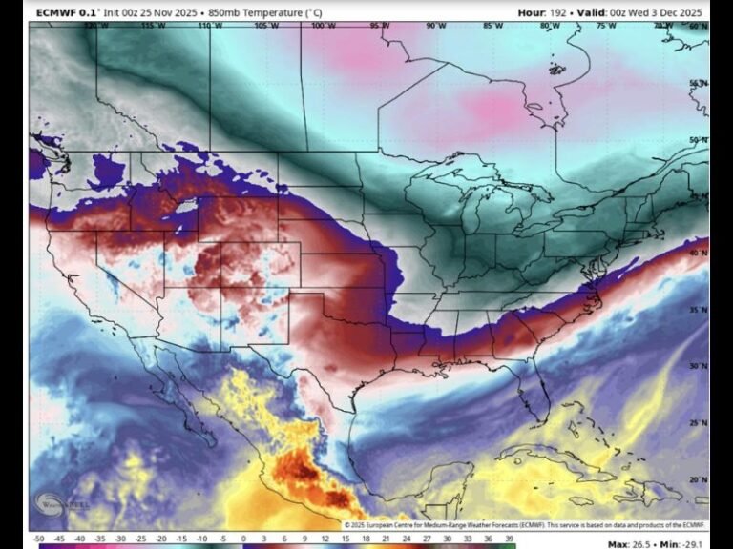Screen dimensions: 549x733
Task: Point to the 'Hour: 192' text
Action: click(x=546, y=12)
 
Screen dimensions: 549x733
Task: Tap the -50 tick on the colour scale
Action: click(x=38, y=539)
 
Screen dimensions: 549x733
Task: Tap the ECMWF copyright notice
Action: click(x=526, y=525)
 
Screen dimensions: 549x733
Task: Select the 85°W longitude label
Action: click(x=493, y=27)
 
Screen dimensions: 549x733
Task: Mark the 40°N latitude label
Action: click(x=700, y=253)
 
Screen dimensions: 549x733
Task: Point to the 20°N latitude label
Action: click(x=700, y=480)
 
